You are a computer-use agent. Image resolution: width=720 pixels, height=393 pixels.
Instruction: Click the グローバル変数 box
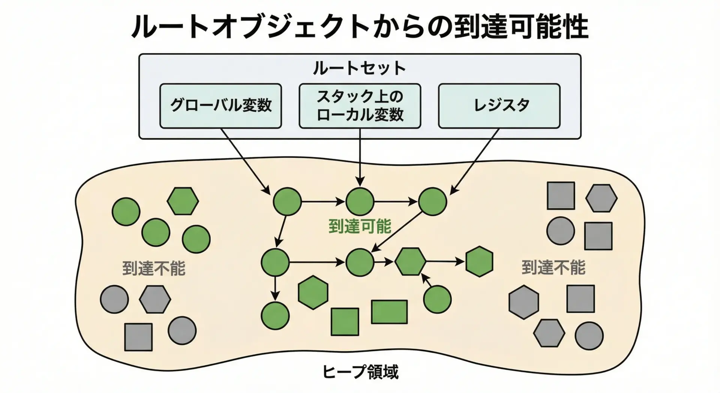click(220, 106)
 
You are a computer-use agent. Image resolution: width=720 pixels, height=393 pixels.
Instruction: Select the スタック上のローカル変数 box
click(360, 106)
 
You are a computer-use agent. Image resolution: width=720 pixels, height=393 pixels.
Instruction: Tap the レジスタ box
click(499, 106)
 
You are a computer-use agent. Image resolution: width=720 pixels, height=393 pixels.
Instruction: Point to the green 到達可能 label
click(360, 226)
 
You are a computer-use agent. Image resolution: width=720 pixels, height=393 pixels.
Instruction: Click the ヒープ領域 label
click(360, 372)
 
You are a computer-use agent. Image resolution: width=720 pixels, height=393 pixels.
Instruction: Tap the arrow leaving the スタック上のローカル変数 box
click(360, 158)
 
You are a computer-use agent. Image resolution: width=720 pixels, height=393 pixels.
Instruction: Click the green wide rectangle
click(389, 312)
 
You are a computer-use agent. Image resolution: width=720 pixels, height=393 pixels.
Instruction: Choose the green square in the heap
click(345, 322)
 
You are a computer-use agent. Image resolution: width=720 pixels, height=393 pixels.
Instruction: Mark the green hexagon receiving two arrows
click(411, 262)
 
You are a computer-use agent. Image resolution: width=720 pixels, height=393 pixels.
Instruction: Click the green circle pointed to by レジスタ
click(432, 202)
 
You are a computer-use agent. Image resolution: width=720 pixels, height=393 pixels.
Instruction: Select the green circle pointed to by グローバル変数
click(287, 202)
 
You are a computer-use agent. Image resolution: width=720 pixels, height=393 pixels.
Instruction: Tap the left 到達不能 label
click(154, 268)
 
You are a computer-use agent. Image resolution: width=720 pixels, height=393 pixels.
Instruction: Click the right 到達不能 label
click(553, 268)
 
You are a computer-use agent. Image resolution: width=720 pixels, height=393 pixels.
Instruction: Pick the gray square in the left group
click(138, 337)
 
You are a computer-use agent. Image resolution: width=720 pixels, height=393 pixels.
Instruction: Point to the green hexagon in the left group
click(183, 201)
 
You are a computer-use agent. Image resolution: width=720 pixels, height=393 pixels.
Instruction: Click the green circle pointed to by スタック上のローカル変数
click(360, 202)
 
